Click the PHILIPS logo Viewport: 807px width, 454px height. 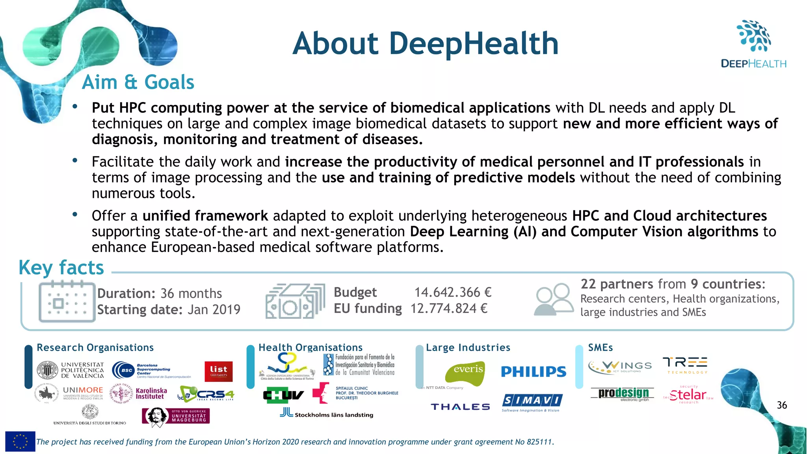[534, 372]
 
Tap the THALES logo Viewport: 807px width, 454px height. [460, 407]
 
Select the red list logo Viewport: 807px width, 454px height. [219, 371]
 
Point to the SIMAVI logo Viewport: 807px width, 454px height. [532, 402]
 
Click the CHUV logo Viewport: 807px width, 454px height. [283, 394]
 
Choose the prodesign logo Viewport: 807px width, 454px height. [623, 394]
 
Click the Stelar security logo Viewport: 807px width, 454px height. [688, 394]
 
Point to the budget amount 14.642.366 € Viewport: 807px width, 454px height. [453, 292]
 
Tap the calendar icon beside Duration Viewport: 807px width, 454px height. [67, 301]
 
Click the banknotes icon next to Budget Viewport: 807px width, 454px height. [295, 301]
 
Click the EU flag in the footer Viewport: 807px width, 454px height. [20, 441]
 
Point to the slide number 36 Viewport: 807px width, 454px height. [782, 405]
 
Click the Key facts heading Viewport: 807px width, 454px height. [61, 268]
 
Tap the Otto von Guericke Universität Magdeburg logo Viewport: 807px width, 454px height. [176, 416]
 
